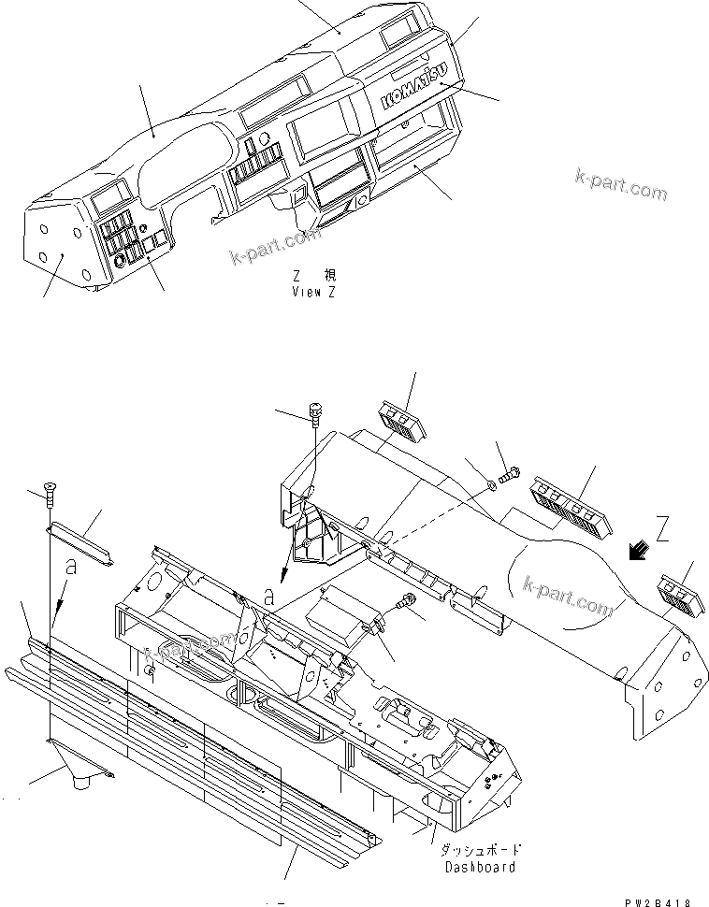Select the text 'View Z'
coord(313,292)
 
